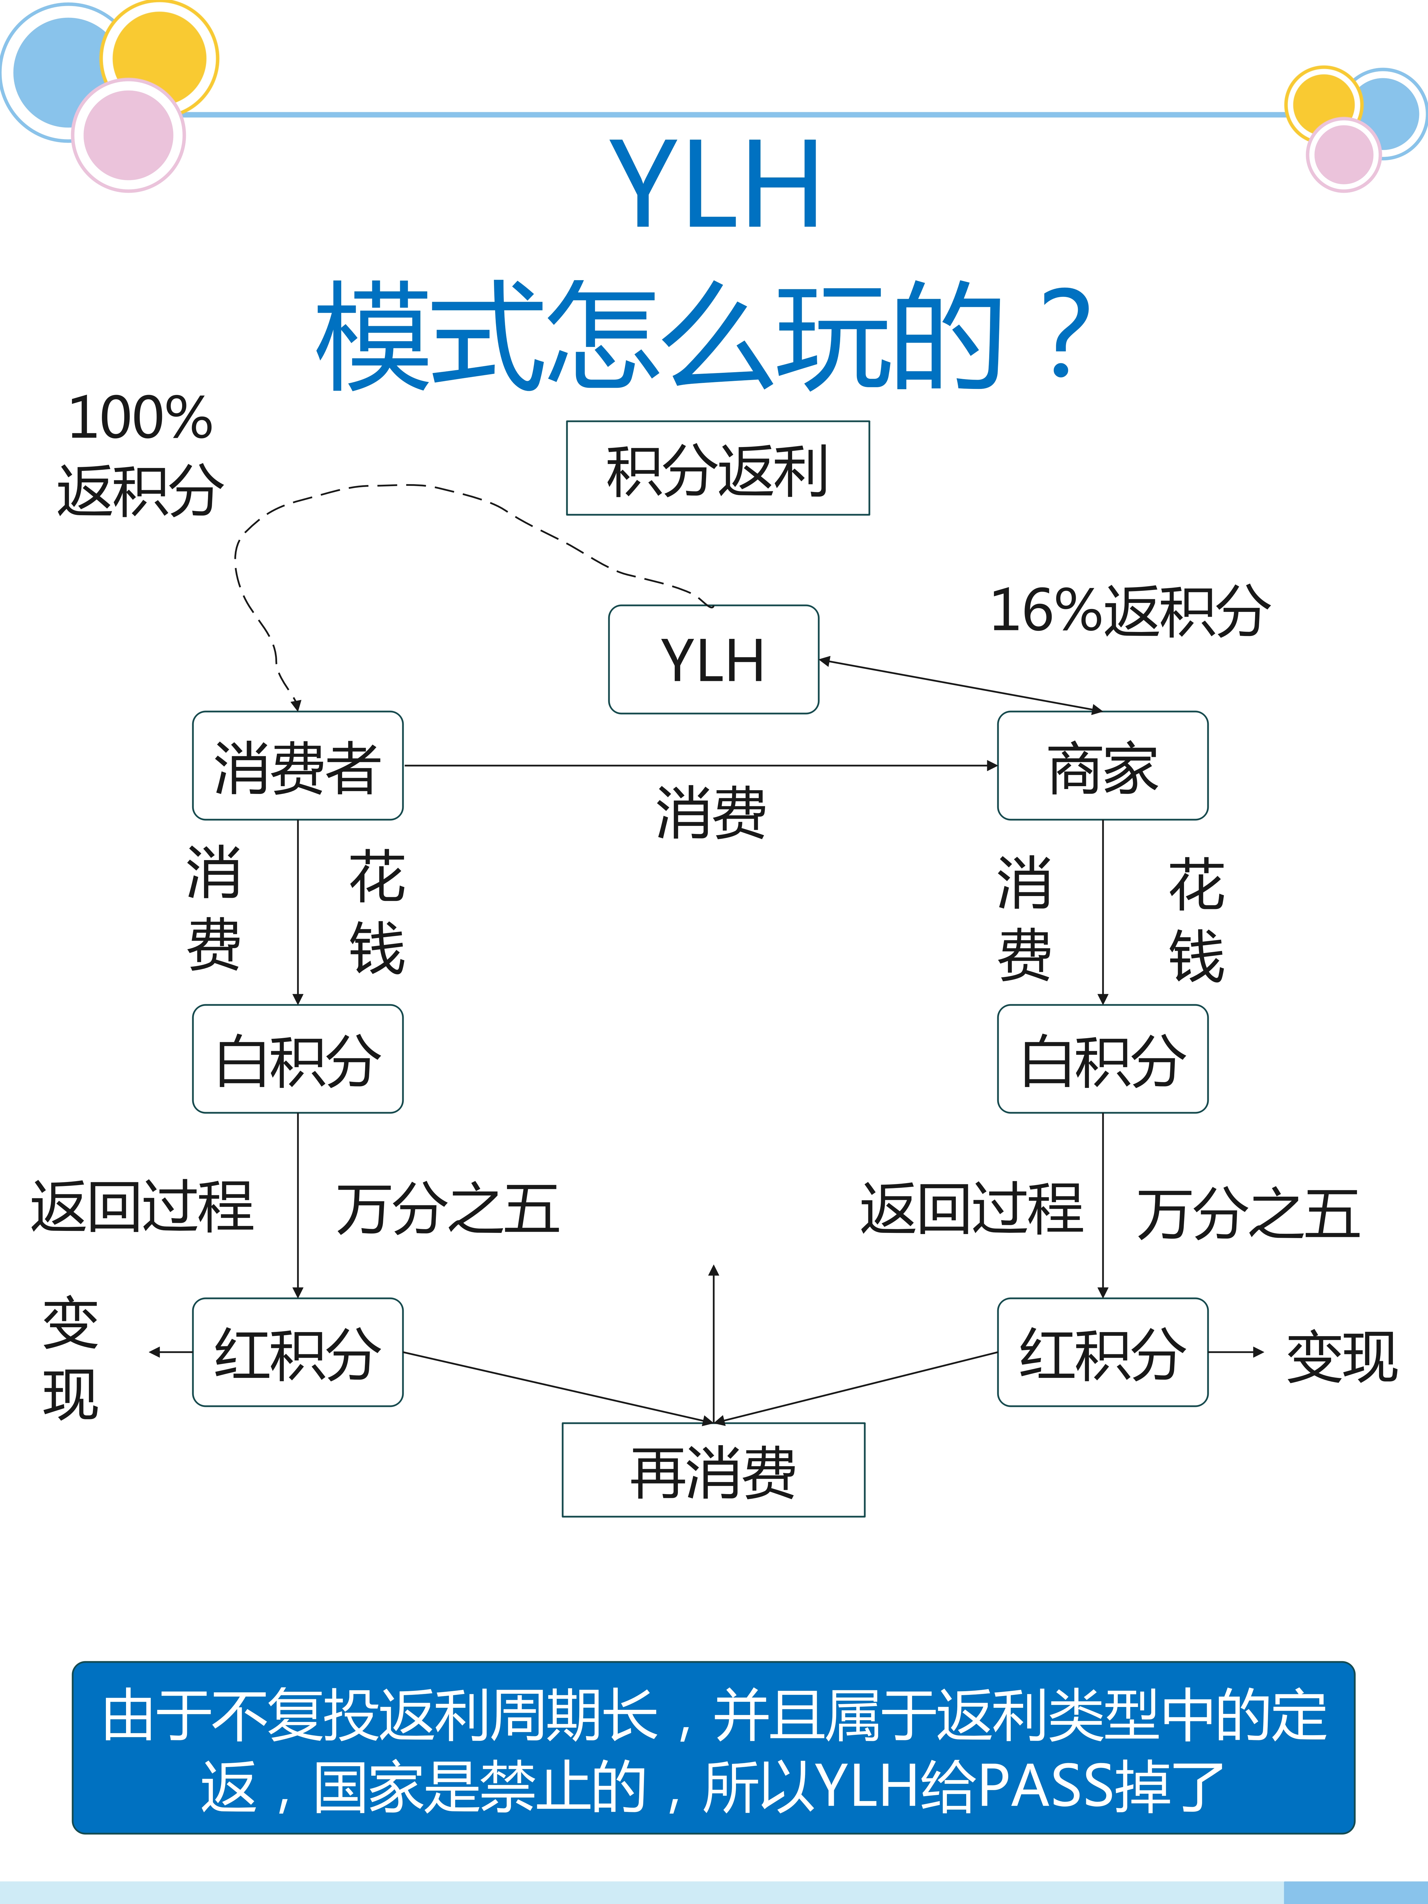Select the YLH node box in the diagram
coord(714,659)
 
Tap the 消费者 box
coord(298,765)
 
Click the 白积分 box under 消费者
coord(298,1059)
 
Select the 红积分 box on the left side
coord(298,1352)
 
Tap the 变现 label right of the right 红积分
coord(1341,1357)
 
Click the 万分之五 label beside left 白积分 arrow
coord(448,1208)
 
